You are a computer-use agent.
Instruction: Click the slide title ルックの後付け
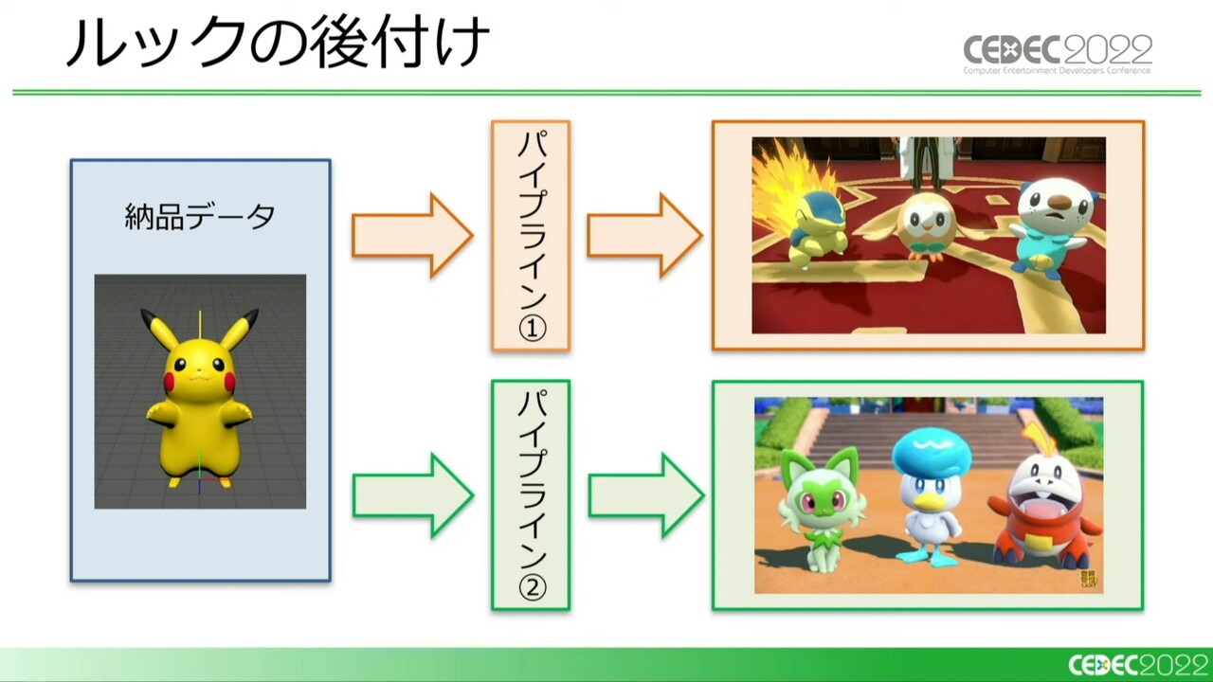[278, 44]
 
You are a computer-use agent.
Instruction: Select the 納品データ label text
[200, 217]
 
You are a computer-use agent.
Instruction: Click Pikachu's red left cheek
[170, 381]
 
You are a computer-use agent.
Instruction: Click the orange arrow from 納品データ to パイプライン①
[412, 236]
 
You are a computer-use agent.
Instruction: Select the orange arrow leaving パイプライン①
[645, 236]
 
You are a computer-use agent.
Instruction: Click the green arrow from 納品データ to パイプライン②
[413, 495]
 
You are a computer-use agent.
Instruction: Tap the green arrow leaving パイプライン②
[646, 495]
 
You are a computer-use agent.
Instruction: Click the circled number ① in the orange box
[532, 328]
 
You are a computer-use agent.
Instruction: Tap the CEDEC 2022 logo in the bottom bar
[1140, 665]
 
